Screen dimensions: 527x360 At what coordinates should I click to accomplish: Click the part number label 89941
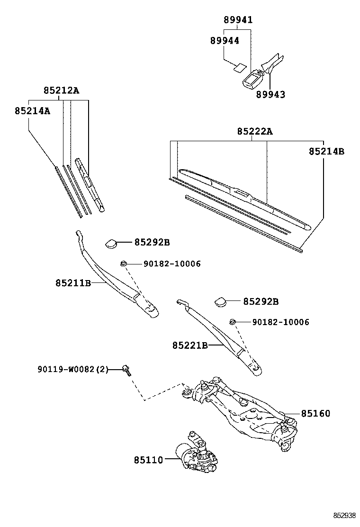tap(238, 20)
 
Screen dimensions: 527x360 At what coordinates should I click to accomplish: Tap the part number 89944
tap(225, 41)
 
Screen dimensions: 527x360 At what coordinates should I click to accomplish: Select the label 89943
tap(271, 94)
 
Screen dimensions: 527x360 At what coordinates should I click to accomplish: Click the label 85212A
tap(61, 91)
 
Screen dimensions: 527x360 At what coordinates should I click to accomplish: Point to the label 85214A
tap(32, 110)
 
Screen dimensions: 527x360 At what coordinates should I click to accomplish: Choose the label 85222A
tap(255, 131)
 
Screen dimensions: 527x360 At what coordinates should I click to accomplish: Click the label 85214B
tap(326, 152)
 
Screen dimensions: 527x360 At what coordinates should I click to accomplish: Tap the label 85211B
tap(73, 283)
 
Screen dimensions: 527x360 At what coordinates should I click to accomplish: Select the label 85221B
tap(190, 345)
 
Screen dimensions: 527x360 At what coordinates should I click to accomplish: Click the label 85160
tap(315, 413)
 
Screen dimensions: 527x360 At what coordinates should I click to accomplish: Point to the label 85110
tap(148, 460)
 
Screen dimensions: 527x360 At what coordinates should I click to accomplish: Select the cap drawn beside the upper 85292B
tap(111, 243)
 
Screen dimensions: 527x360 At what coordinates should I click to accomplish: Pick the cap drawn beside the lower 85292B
tap(220, 301)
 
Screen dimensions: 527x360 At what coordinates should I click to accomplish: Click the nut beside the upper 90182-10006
tap(123, 263)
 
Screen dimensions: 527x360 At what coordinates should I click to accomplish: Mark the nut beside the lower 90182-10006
tap(233, 322)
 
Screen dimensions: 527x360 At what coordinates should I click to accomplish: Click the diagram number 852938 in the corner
tap(344, 516)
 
